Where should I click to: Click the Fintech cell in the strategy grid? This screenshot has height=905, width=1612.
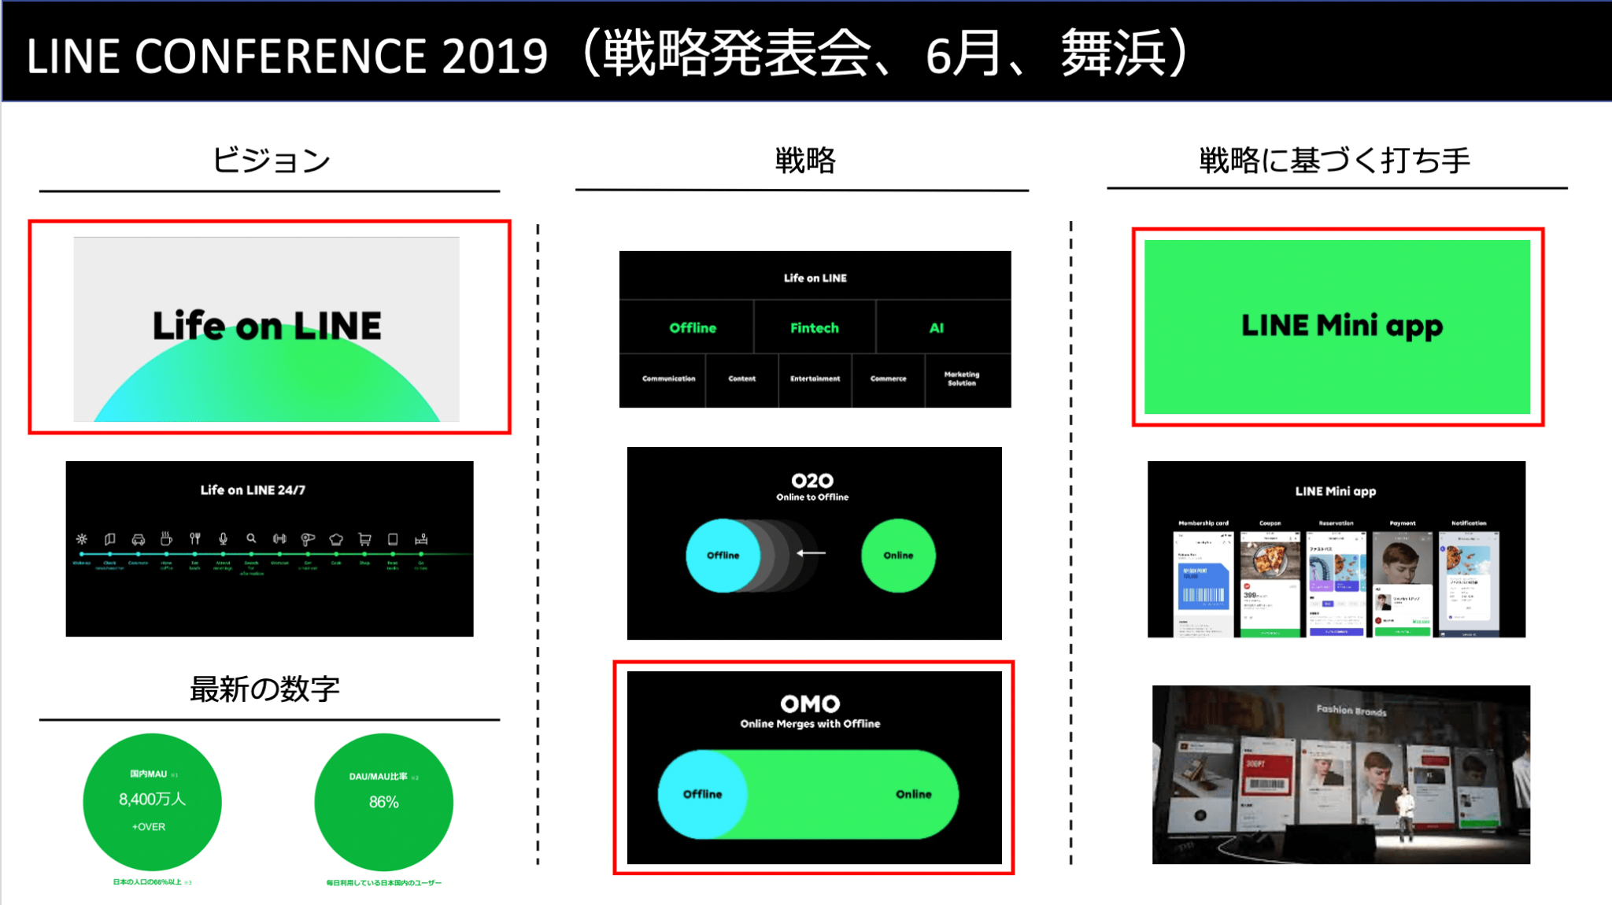[814, 328]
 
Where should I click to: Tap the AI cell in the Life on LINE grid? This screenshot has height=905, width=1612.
[936, 328]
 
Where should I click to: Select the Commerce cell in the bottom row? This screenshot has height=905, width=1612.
[888, 379]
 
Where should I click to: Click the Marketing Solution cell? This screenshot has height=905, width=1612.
[961, 379]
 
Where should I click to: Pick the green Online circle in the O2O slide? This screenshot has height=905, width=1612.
[898, 556]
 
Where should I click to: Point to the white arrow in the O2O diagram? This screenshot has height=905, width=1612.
[811, 553]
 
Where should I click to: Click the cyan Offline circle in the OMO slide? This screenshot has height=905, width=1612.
[701, 794]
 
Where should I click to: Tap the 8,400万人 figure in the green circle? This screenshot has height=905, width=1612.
[152, 800]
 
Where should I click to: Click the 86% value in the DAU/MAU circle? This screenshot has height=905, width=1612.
[384, 802]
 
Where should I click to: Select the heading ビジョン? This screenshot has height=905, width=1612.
[271, 161]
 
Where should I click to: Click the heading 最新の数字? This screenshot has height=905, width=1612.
[264, 689]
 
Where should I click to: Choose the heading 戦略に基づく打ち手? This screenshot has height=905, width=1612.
[1335, 161]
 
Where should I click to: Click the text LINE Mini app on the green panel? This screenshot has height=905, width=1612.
[1341, 326]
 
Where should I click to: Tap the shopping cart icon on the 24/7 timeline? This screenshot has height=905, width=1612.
[364, 539]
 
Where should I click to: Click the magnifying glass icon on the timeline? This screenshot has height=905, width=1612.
[251, 539]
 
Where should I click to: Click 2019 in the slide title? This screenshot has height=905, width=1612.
[494, 57]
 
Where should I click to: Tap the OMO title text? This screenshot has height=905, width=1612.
[810, 704]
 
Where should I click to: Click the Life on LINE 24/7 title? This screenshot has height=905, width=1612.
[253, 490]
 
